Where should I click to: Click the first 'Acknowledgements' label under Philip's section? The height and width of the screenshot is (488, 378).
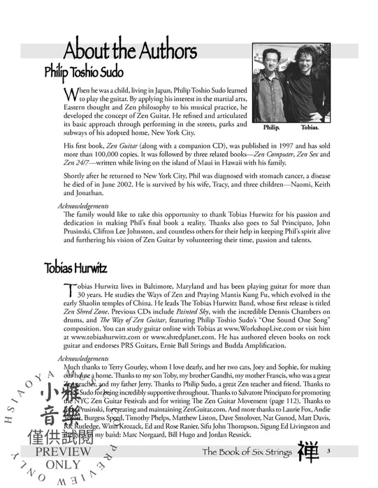82,206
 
